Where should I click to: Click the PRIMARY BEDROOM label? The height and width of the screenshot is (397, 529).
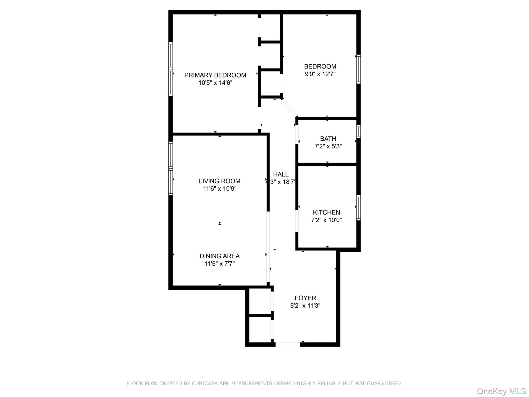click(215, 75)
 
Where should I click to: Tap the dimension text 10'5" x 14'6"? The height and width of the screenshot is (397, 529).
click(215, 83)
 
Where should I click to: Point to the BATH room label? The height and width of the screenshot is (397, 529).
click(328, 139)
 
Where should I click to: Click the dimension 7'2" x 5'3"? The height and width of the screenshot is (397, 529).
click(328, 146)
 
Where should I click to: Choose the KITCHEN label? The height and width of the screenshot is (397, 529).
click(326, 212)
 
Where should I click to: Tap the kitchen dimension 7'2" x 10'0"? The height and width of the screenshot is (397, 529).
click(326, 220)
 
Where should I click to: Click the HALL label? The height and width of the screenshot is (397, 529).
click(281, 174)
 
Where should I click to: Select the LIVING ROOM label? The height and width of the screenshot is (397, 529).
click(220, 181)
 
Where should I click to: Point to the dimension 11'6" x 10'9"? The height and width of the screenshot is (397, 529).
click(220, 189)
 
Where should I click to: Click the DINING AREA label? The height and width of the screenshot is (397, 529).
click(220, 256)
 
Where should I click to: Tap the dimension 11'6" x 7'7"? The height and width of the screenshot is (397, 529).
click(220, 264)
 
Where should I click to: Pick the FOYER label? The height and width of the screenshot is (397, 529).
click(305, 298)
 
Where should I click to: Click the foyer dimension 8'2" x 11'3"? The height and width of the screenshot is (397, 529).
click(305, 306)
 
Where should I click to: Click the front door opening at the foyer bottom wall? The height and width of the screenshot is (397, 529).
click(288, 344)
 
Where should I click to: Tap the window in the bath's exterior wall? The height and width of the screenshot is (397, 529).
click(359, 131)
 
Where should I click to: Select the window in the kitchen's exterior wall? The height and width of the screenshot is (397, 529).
click(359, 208)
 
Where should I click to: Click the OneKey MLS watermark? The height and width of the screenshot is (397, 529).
click(501, 391)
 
